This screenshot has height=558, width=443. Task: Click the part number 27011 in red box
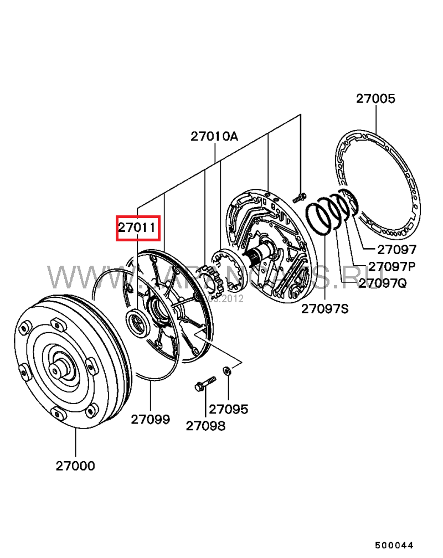(x=138, y=228)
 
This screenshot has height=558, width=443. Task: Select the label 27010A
(x=214, y=136)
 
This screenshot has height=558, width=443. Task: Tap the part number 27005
(x=375, y=99)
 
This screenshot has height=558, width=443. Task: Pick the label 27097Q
(x=383, y=283)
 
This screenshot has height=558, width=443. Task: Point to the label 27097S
(x=325, y=308)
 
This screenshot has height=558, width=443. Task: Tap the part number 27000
(x=75, y=466)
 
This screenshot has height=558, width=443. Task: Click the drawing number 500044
(x=394, y=545)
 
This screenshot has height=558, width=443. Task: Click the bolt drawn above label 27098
(x=205, y=384)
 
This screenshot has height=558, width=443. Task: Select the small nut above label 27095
(x=227, y=370)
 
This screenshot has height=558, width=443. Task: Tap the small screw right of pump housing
(x=300, y=195)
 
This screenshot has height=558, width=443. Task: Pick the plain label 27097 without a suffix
(x=396, y=250)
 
